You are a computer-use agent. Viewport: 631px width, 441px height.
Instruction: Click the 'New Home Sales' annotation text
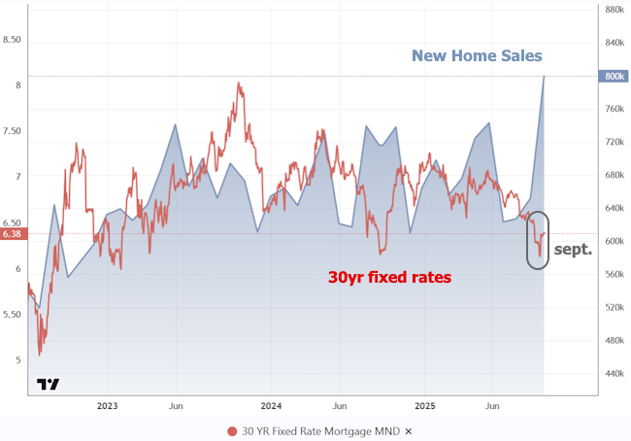477,55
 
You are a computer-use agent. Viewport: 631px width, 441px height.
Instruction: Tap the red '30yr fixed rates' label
388,277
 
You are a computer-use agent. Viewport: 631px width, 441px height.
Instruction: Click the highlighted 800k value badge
614,76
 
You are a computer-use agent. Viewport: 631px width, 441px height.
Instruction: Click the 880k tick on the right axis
614,10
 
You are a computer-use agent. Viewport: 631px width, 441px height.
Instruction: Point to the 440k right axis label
614,373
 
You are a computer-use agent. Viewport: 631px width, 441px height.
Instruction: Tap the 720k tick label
614,142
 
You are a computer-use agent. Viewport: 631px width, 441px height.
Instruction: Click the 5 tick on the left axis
14,360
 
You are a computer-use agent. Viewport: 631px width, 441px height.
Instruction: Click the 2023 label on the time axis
107,405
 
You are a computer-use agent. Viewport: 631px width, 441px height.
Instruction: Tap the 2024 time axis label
272,405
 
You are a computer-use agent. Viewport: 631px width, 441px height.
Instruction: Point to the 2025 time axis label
426,405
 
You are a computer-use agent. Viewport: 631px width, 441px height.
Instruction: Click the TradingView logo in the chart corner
48,384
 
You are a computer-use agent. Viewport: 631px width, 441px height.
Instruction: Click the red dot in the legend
232,431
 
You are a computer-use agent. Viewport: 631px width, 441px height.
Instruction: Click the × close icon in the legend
409,431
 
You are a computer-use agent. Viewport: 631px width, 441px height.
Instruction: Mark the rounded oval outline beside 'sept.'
538,240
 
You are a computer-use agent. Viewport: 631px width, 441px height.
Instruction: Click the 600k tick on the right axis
614,241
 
